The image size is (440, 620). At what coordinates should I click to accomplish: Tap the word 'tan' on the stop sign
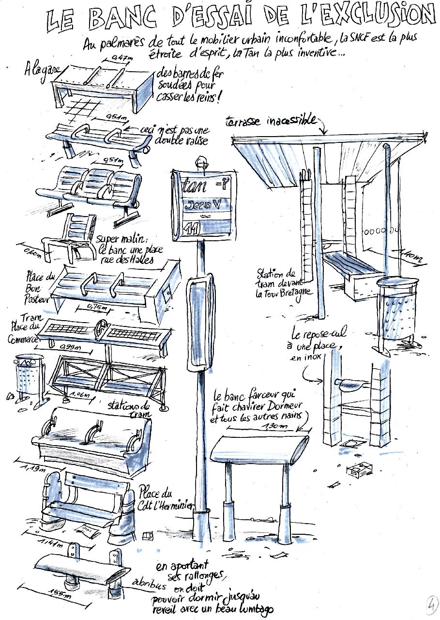[x=194, y=185]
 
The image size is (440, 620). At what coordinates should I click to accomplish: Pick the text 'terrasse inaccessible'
[x=271, y=121]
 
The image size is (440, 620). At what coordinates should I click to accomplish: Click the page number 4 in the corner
[x=429, y=605]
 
